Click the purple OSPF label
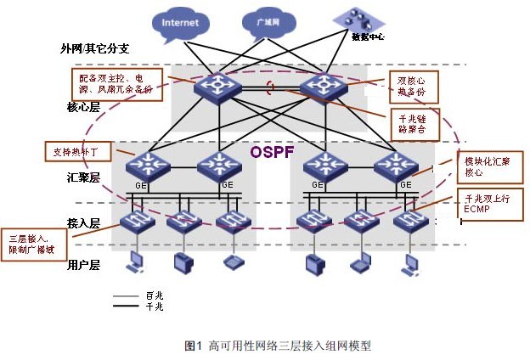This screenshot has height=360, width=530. [x=270, y=152]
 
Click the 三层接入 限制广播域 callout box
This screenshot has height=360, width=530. [x=31, y=243]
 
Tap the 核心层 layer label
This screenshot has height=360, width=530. [x=83, y=109]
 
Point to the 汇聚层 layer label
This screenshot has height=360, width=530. [x=83, y=178]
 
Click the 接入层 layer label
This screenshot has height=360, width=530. [x=83, y=222]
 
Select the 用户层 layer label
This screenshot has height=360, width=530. [x=83, y=265]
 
